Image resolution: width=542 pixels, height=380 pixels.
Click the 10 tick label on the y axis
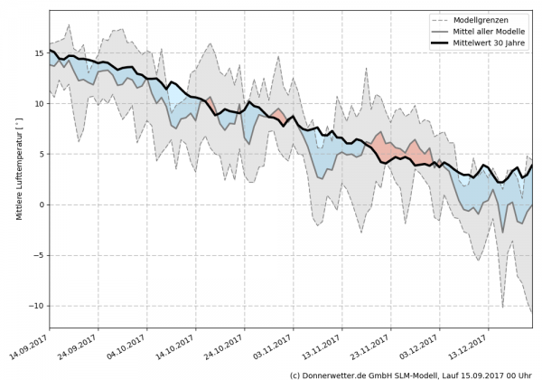(39, 103)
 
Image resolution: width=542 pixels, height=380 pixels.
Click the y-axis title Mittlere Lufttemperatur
(15, 167)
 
